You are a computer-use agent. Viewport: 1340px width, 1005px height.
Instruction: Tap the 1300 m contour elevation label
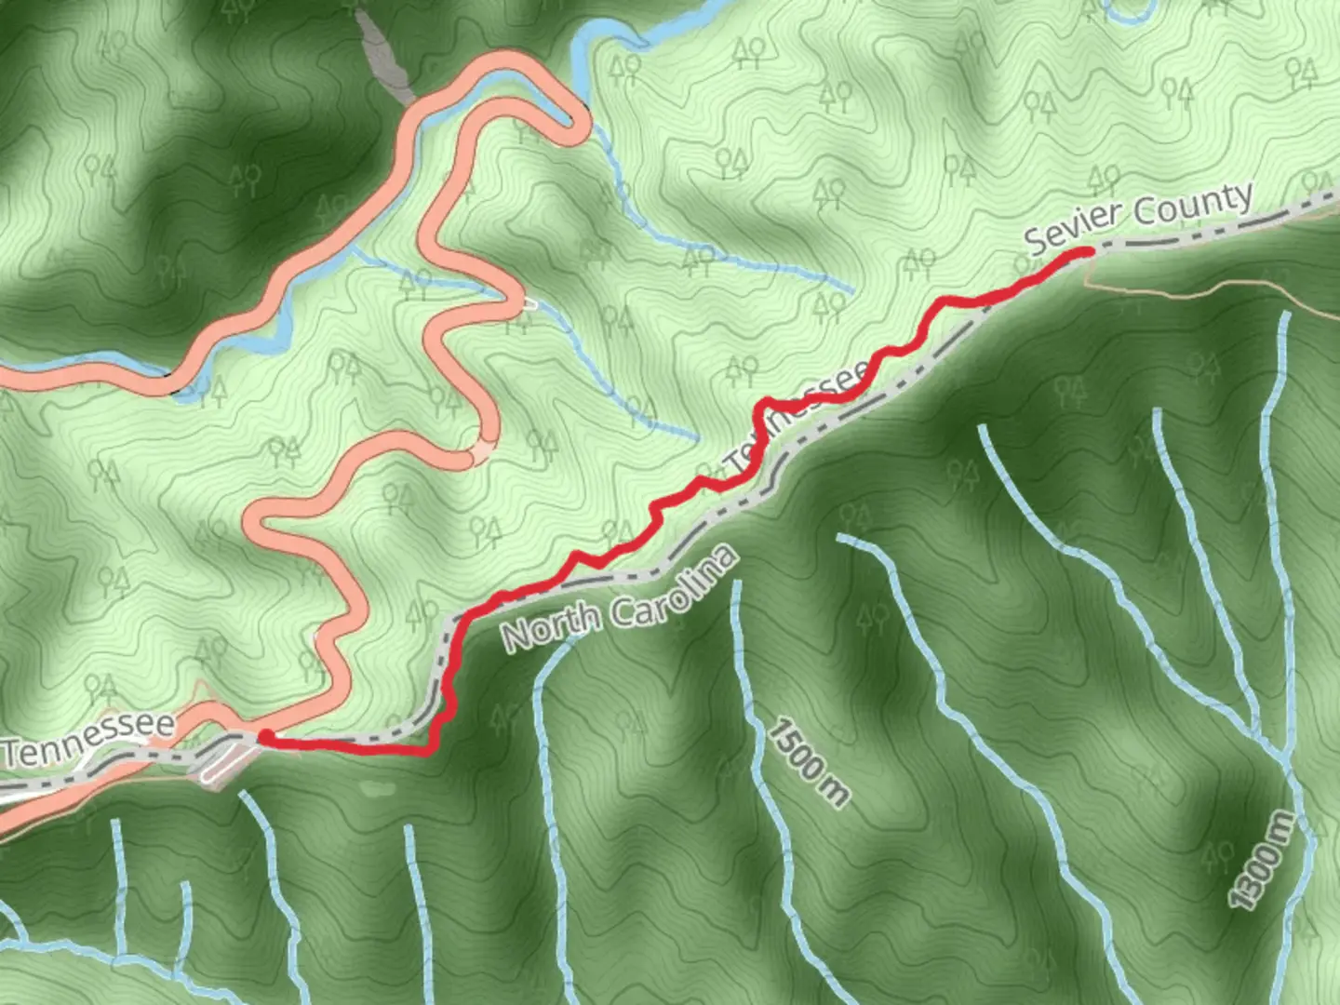point(1262,860)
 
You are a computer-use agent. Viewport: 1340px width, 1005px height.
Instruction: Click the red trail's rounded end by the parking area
point(266,738)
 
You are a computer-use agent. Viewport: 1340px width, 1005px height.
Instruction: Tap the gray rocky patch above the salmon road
point(383,56)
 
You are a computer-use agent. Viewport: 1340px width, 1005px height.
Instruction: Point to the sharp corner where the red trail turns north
point(432,749)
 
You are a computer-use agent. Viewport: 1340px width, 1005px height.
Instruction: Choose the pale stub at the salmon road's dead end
point(481,453)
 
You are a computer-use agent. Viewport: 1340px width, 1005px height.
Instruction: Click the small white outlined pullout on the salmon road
point(529,303)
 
